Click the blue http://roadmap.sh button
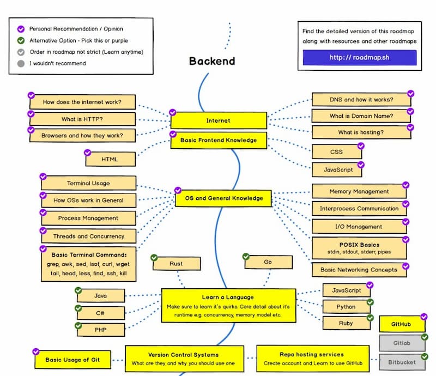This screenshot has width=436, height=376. [x=359, y=57]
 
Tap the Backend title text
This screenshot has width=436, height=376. [x=212, y=61]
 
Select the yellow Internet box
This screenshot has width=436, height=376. [x=219, y=120]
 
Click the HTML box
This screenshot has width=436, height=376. [x=110, y=159]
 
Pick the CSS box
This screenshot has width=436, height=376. [x=336, y=151]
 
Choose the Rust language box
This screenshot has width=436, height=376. [x=176, y=264]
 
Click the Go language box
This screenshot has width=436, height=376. [x=268, y=262]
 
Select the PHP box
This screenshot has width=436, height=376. [x=100, y=330]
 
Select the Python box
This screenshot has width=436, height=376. [x=346, y=306]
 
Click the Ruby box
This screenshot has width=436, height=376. [x=346, y=323]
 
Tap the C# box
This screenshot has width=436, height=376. [x=100, y=313]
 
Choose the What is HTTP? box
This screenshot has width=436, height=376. [x=82, y=119]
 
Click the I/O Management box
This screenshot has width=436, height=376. [x=359, y=227]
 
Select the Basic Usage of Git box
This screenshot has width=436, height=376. [x=73, y=360]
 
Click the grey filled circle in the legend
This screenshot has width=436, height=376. [x=21, y=63]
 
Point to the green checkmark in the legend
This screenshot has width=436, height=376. [x=21, y=40]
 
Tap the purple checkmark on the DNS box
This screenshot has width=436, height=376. [x=410, y=94]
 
